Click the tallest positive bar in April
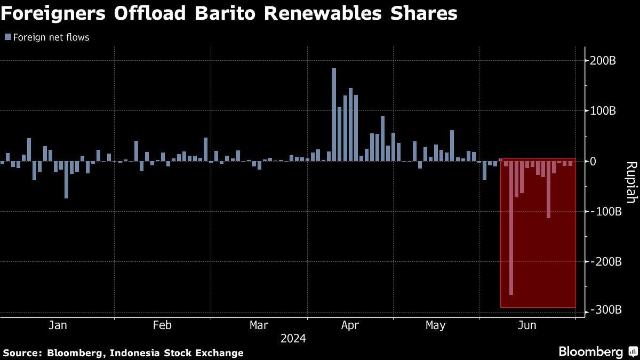coord(334,115)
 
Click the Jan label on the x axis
coord(57,325)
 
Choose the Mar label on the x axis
coord(259,325)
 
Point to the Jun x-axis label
coord(527,325)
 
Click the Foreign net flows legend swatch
coord(7,37)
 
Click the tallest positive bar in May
coord(452,145)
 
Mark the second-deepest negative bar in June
coord(548,189)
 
